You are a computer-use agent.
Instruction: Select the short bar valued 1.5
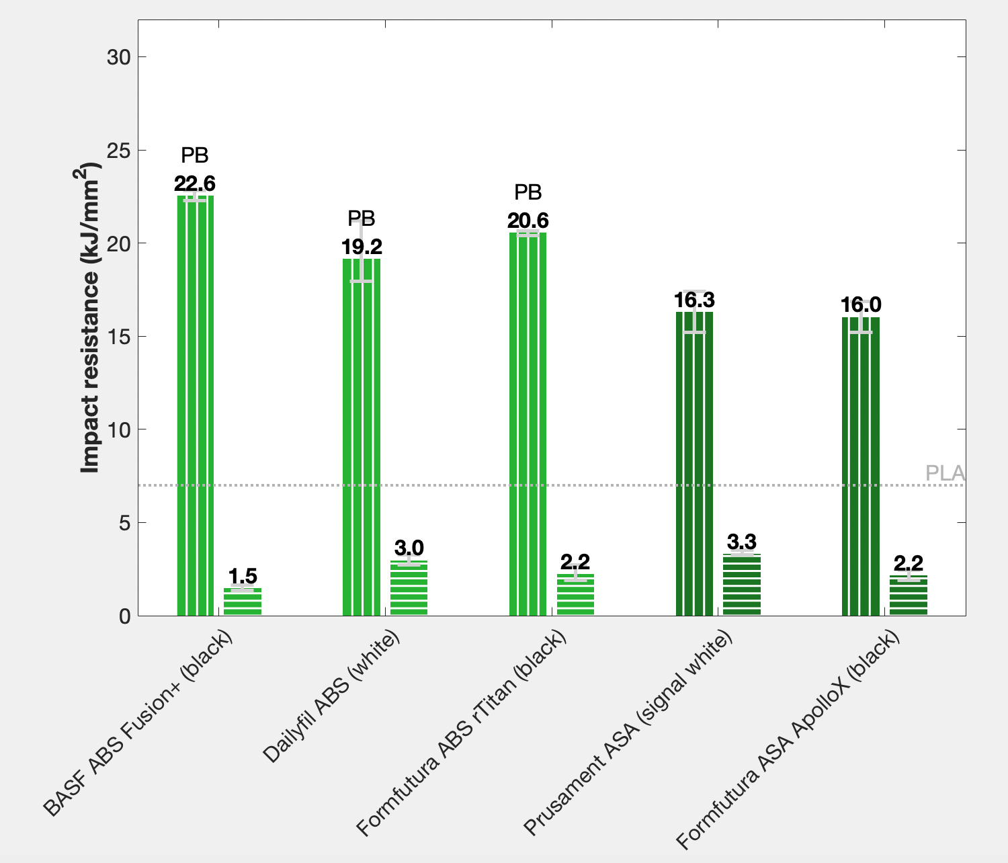coord(243,602)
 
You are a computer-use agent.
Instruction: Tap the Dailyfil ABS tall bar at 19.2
coord(362,437)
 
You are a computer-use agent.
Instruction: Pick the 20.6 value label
coord(528,220)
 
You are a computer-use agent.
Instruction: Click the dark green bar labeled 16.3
coord(694,464)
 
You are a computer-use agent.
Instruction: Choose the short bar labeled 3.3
coord(742,585)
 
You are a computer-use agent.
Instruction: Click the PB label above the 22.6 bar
coord(195,156)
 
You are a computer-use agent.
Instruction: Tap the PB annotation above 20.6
coord(528,193)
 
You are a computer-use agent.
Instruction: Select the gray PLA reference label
coord(945,473)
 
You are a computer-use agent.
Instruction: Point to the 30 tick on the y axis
coord(118,57)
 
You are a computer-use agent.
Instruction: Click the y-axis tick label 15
coord(118,336)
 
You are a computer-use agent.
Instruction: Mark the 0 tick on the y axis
coord(124,616)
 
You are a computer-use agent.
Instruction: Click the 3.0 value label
coord(409,548)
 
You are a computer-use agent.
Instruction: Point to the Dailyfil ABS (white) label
coord(331,696)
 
